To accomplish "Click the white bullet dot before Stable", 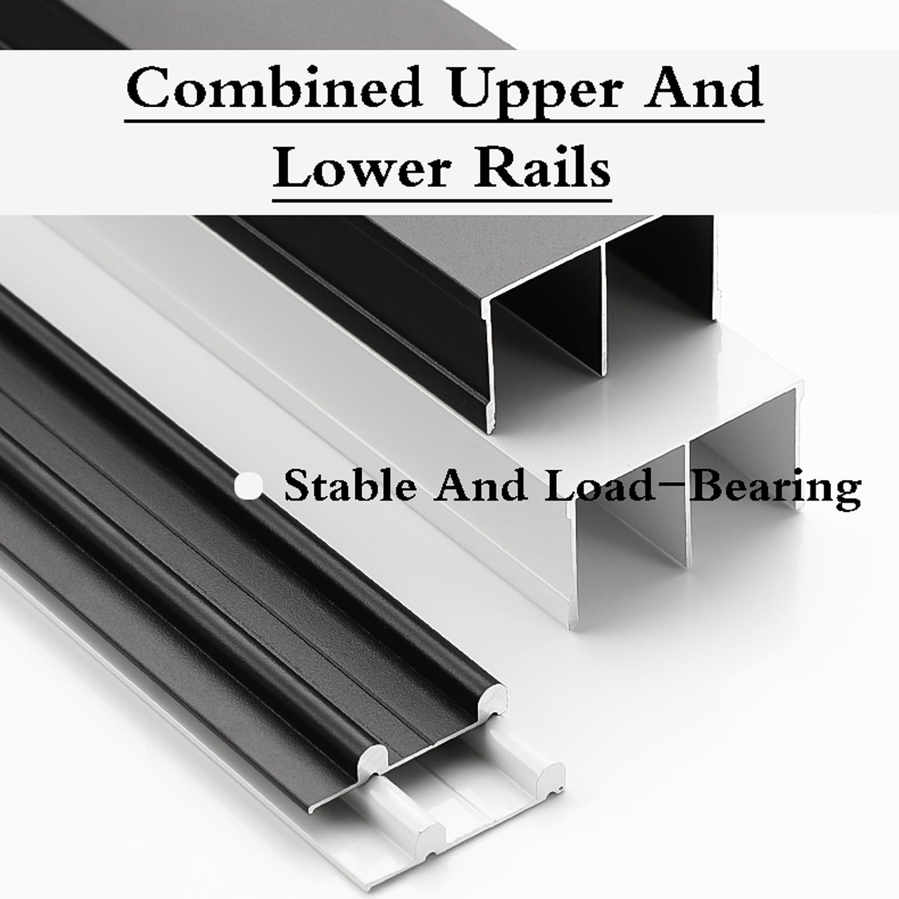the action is [248, 486].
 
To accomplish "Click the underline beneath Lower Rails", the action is [442, 198].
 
